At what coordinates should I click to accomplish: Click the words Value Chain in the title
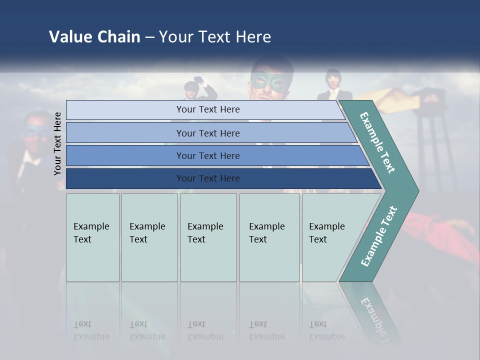point(94,36)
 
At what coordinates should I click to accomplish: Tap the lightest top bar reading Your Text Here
point(207,109)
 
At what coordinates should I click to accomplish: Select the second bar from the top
point(207,133)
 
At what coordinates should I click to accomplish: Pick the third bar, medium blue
point(207,155)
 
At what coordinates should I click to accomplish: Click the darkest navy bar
point(207,178)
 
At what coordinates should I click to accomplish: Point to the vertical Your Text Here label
point(57,143)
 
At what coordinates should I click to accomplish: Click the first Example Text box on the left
point(92,237)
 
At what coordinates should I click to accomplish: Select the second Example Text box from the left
point(149,237)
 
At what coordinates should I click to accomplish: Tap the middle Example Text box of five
point(208,237)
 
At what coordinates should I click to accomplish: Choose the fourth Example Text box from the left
point(269,237)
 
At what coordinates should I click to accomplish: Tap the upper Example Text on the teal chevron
point(377,142)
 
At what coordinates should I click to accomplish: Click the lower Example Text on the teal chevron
point(379,236)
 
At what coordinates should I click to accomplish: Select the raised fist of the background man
point(199,80)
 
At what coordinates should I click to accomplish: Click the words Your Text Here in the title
point(215,36)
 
